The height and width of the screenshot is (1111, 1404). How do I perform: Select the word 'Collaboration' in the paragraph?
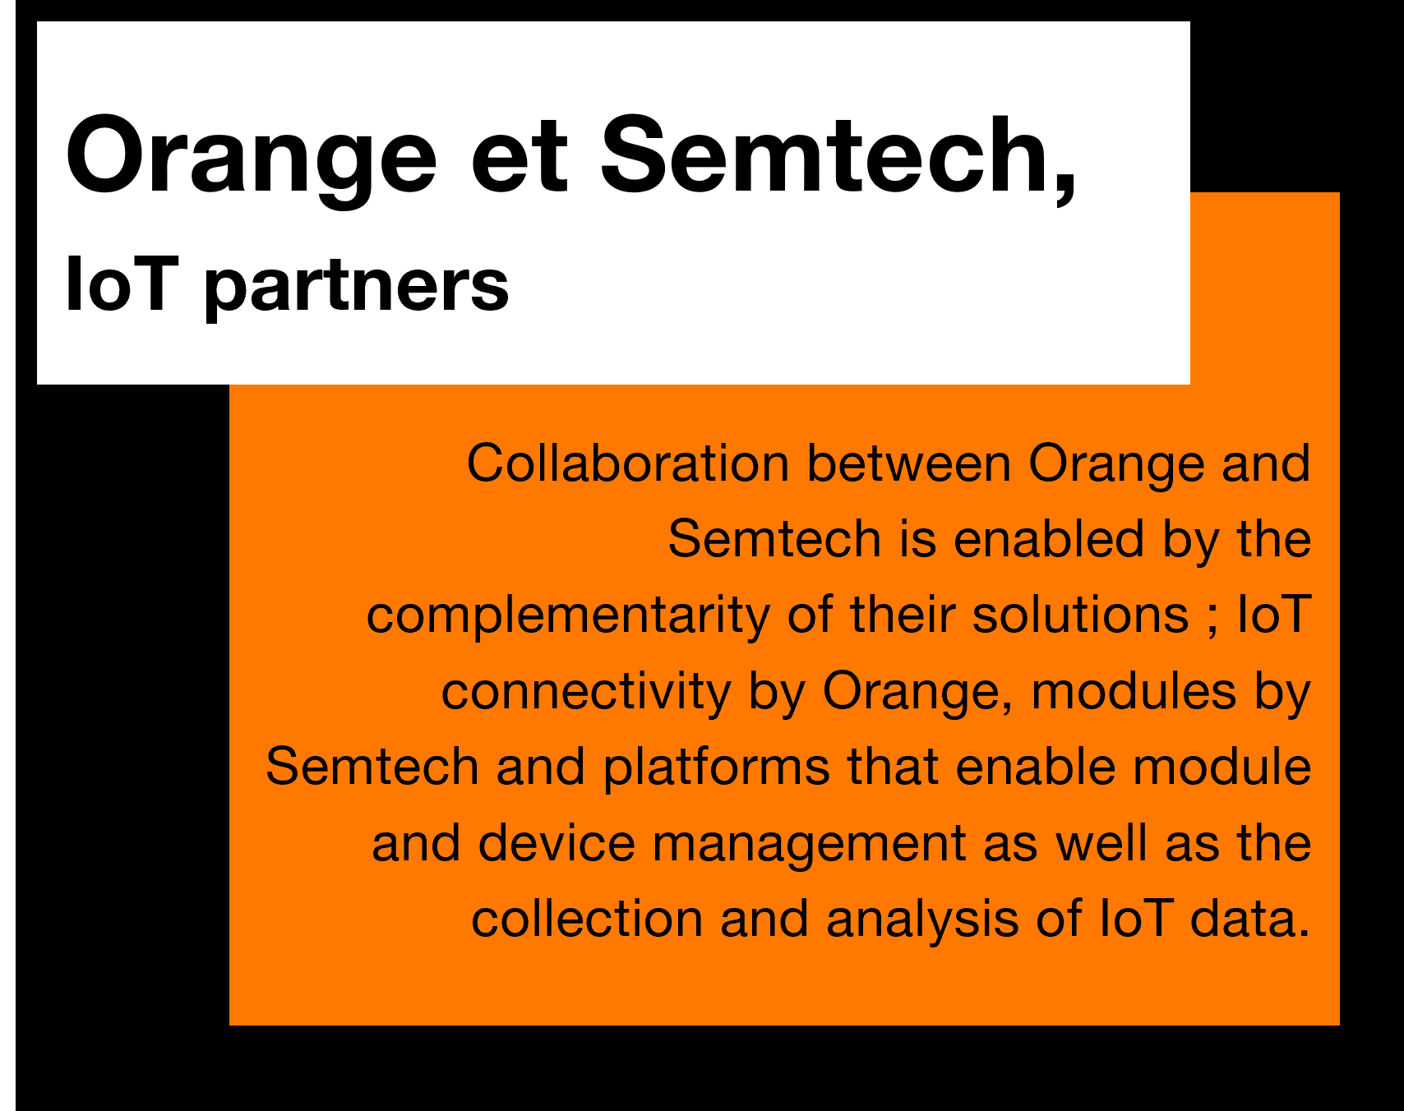[628, 463]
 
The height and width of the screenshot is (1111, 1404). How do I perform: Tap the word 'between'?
[909, 463]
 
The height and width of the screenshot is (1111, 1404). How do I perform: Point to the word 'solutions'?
[1080, 615]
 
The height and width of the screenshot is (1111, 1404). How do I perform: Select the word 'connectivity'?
[586, 693]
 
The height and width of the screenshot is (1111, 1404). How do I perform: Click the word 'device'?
[557, 844]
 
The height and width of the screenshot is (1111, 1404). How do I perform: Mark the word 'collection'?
[587, 920]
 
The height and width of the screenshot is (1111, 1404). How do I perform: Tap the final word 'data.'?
[1249, 920]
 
